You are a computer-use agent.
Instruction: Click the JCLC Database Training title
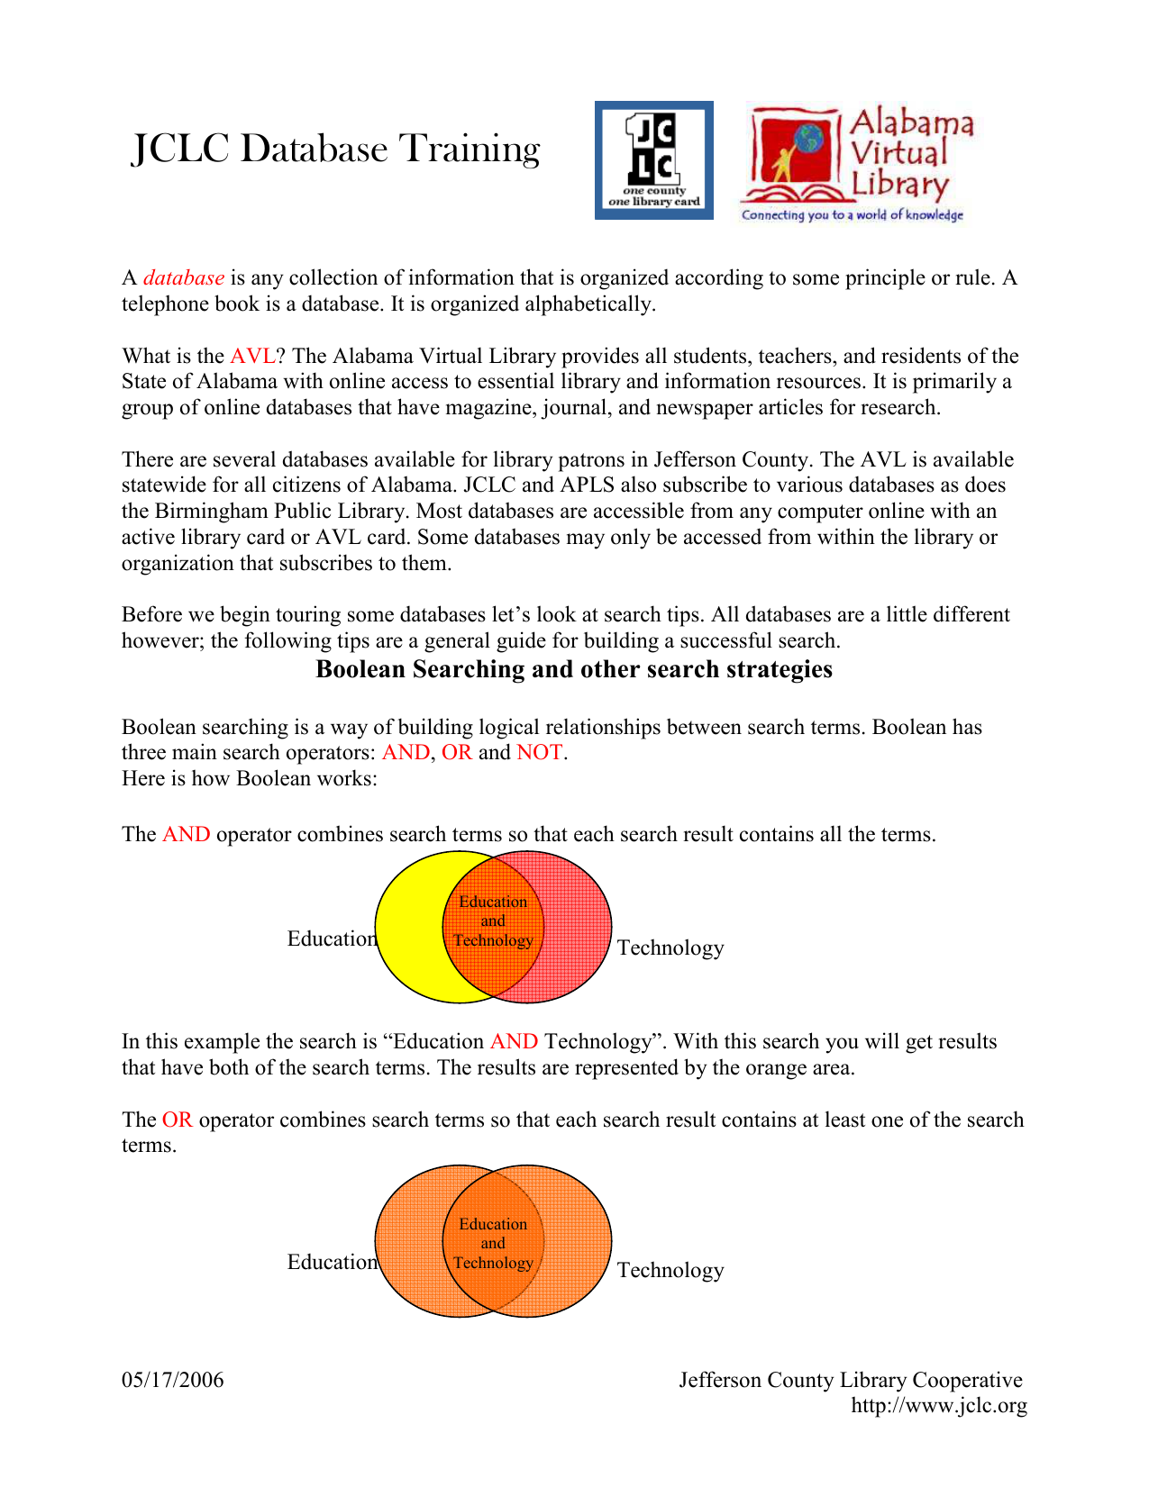pyautogui.click(x=336, y=149)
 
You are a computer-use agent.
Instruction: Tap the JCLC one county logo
pyautogui.click(x=653, y=160)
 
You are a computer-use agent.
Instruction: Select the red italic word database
pyautogui.click(x=184, y=277)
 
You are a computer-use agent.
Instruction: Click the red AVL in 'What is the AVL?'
pyautogui.click(x=251, y=356)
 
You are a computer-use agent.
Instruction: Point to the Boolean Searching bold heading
pyautogui.click(x=574, y=669)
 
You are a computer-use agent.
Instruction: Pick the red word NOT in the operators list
pyautogui.click(x=540, y=752)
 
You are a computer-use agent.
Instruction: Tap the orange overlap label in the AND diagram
pyautogui.click(x=493, y=921)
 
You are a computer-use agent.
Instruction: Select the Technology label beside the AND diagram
pyautogui.click(x=670, y=948)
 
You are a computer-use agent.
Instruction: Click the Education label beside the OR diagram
pyautogui.click(x=332, y=1262)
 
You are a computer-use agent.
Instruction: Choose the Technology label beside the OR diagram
pyautogui.click(x=670, y=1270)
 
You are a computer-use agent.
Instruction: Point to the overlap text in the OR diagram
pyautogui.click(x=493, y=1244)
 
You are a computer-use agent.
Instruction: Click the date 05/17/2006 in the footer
pyautogui.click(x=173, y=1380)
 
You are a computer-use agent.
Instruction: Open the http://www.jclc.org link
pyautogui.click(x=939, y=1405)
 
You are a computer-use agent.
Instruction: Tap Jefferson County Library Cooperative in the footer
pyautogui.click(x=851, y=1380)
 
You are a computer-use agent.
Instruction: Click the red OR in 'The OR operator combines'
pyautogui.click(x=177, y=1120)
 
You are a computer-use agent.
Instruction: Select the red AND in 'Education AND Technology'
pyautogui.click(x=514, y=1041)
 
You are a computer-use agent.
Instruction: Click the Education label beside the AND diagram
pyautogui.click(x=332, y=938)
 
